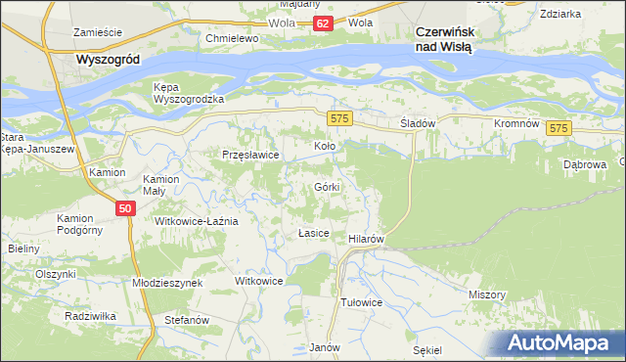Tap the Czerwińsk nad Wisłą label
443,38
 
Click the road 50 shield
124,208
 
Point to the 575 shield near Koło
339,118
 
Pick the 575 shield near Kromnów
559,128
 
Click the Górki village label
327,187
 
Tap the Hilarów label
365,239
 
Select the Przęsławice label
251,155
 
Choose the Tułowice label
360,302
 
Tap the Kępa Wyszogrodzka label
190,93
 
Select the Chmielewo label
231,38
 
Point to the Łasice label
313,235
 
